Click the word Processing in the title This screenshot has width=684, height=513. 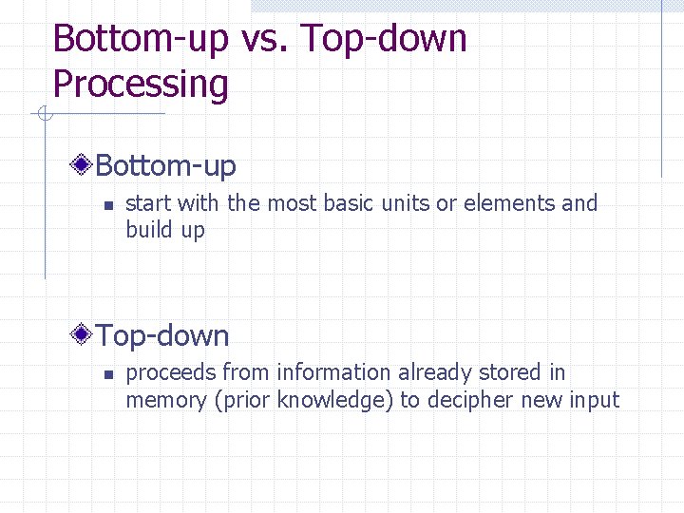point(141,85)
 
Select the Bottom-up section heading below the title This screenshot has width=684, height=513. point(166,166)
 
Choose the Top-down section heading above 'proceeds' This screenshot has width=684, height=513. point(162,335)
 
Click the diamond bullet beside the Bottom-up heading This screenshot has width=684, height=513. point(84,166)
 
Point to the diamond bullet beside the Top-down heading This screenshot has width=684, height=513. point(84,335)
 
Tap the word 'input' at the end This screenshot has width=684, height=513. point(596,400)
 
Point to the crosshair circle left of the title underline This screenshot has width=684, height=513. point(43,115)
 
